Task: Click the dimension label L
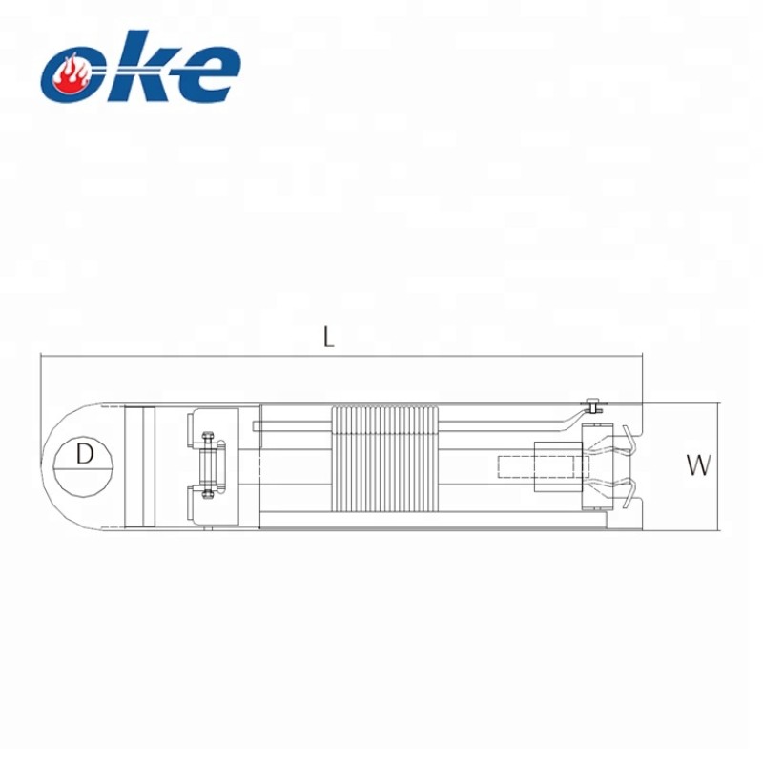point(328,337)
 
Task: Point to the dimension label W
point(699,465)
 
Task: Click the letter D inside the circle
point(85,454)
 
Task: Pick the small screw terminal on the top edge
point(593,404)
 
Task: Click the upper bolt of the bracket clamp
point(206,440)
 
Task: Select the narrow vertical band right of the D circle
point(140,465)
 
